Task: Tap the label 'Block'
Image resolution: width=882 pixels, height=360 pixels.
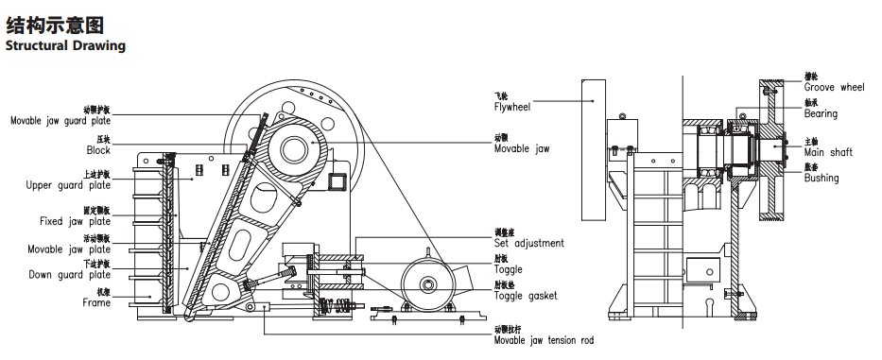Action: click(97, 150)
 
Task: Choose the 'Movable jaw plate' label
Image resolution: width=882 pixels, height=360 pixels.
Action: click(70, 249)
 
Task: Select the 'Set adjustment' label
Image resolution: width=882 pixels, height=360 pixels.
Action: click(528, 243)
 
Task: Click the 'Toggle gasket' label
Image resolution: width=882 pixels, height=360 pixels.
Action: click(525, 296)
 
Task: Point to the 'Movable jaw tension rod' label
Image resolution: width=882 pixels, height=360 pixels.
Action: click(545, 340)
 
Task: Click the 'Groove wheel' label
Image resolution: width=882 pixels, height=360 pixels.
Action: click(834, 86)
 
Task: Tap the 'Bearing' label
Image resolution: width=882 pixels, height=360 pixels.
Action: click(821, 114)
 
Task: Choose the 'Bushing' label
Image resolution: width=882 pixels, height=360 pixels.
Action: click(821, 178)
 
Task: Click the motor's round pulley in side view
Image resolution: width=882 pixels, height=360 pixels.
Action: click(424, 283)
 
